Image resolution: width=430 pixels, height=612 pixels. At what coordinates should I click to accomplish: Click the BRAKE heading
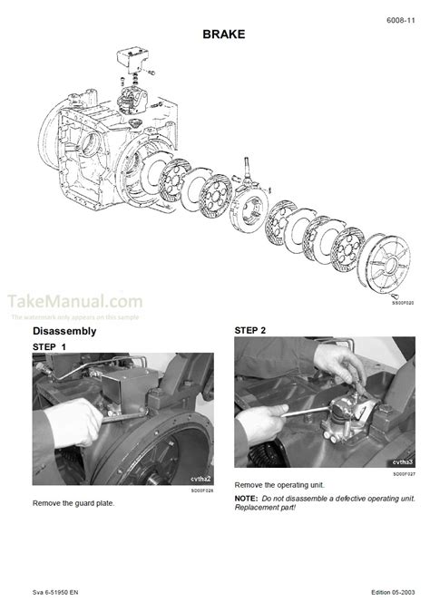[x=214, y=34]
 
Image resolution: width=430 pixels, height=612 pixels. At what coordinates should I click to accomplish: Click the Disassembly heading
[x=66, y=333]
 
